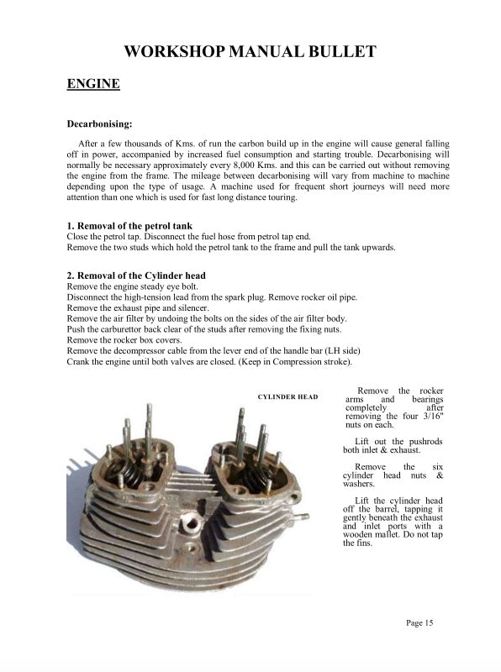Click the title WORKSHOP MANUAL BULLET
(x=250, y=52)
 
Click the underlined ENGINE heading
(x=92, y=84)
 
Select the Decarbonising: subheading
(x=105, y=125)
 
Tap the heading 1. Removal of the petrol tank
(x=129, y=226)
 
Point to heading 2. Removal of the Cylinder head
(x=135, y=276)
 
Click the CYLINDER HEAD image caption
(x=287, y=396)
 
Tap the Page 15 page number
(x=419, y=622)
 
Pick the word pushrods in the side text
(x=425, y=442)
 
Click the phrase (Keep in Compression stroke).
(x=288, y=362)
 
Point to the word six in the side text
(x=435, y=467)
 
